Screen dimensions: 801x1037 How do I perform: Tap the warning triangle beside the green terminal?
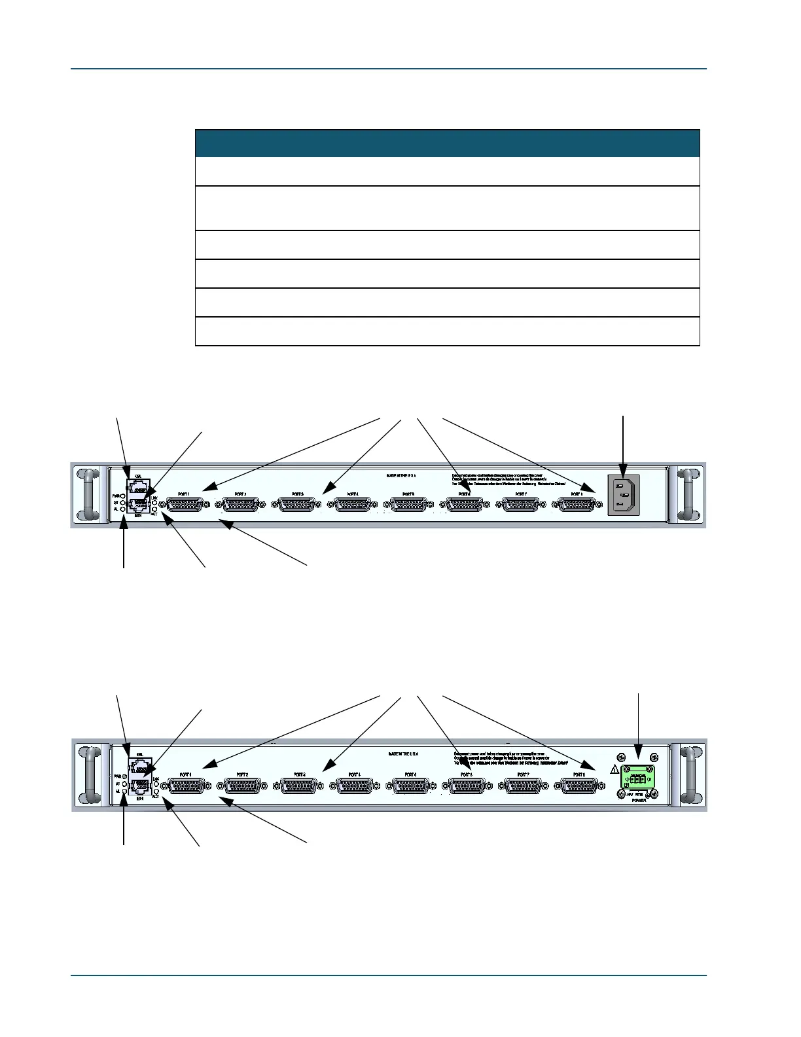click(x=614, y=770)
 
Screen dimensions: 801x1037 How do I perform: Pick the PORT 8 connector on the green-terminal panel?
click(x=579, y=786)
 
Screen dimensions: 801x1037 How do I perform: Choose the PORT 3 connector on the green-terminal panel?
click(x=300, y=786)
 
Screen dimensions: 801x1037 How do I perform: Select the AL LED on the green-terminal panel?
click(x=124, y=791)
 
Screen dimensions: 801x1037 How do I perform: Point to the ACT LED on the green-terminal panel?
click(x=156, y=791)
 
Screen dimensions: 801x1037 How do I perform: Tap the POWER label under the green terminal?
click(x=639, y=800)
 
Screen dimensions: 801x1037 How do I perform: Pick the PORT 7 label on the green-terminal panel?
click(x=523, y=774)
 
